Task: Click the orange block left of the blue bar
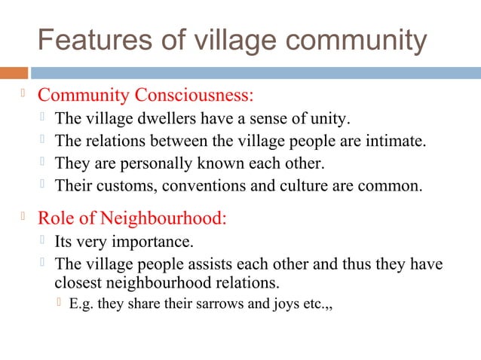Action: point(14,73)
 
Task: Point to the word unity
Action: point(330,118)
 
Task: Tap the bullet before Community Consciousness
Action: point(23,95)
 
